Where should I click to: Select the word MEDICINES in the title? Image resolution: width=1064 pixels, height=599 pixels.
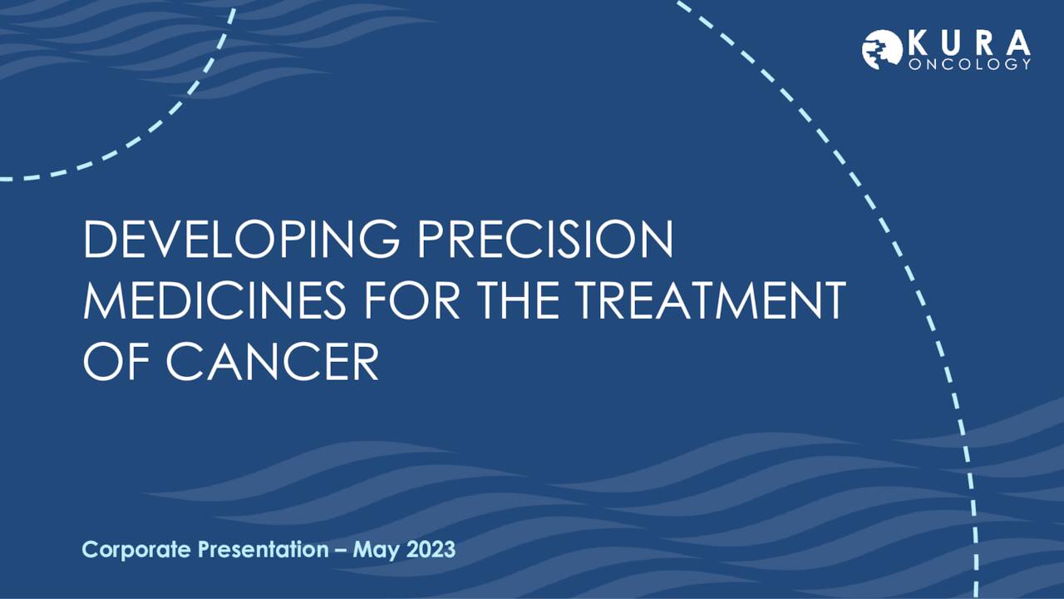pyautogui.click(x=215, y=301)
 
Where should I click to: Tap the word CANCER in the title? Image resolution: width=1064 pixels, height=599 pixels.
pyautogui.click(x=272, y=362)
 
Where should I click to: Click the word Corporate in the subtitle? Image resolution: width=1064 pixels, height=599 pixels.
pyautogui.click(x=138, y=550)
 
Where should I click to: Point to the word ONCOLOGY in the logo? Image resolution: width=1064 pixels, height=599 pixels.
pyautogui.click(x=970, y=64)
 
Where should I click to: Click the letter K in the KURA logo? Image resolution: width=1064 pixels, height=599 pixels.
pyautogui.click(x=919, y=42)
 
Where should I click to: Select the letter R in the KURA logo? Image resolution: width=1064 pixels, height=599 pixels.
pyautogui.click(x=987, y=42)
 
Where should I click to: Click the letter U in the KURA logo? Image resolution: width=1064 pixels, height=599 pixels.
pyautogui.click(x=953, y=42)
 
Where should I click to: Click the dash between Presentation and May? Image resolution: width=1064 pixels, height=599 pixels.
pyautogui.click(x=341, y=551)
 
